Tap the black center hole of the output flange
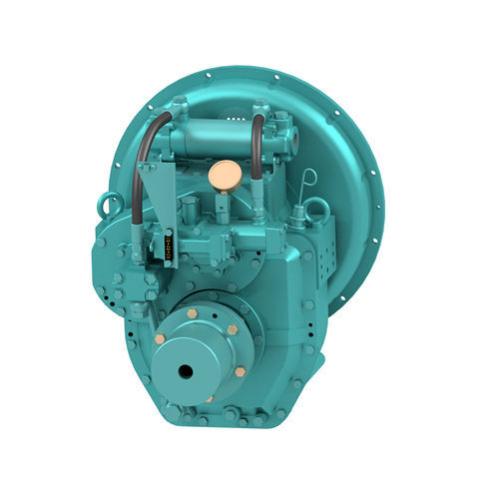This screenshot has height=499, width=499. [x=186, y=371]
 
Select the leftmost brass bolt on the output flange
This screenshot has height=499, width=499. [x=160, y=339]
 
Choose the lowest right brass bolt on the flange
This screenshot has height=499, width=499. [x=241, y=371]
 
